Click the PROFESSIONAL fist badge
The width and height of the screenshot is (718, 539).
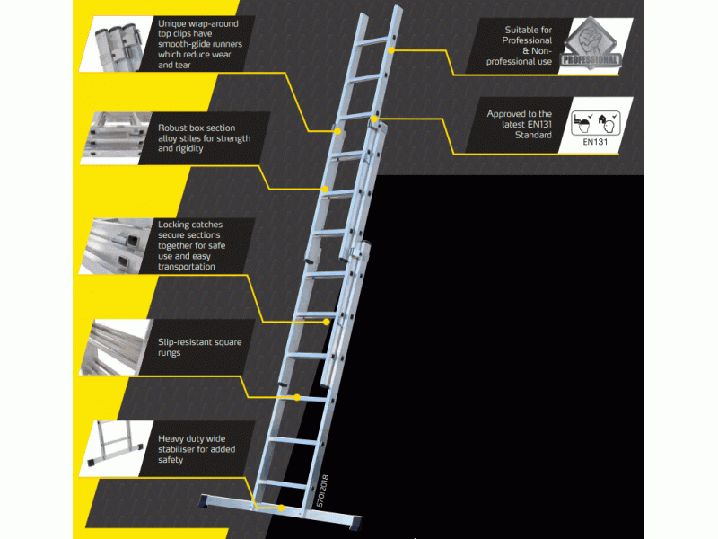tap(590, 42)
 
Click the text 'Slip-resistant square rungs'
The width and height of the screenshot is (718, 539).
tap(199, 348)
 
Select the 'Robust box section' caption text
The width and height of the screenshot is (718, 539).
tap(204, 138)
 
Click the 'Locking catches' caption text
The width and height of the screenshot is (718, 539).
tap(200, 245)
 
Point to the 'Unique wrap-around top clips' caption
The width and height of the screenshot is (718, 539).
tap(202, 44)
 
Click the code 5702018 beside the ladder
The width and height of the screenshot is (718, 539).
tap(324, 492)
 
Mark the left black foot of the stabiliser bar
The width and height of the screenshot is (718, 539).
tap(208, 502)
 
